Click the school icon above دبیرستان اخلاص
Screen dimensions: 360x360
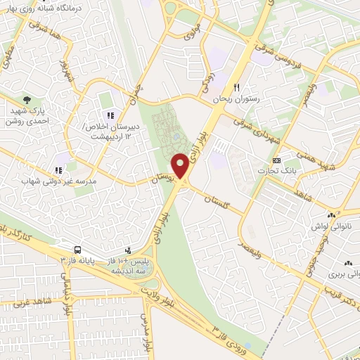point(109,115)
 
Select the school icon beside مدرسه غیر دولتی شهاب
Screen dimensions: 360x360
point(58,169)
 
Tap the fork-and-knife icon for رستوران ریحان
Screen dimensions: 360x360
point(237,88)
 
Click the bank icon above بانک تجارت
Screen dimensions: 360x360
point(277,160)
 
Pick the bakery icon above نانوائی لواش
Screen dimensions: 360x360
point(330,216)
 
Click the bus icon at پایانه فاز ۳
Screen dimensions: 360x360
point(77,250)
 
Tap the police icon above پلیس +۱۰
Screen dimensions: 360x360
point(128,250)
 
